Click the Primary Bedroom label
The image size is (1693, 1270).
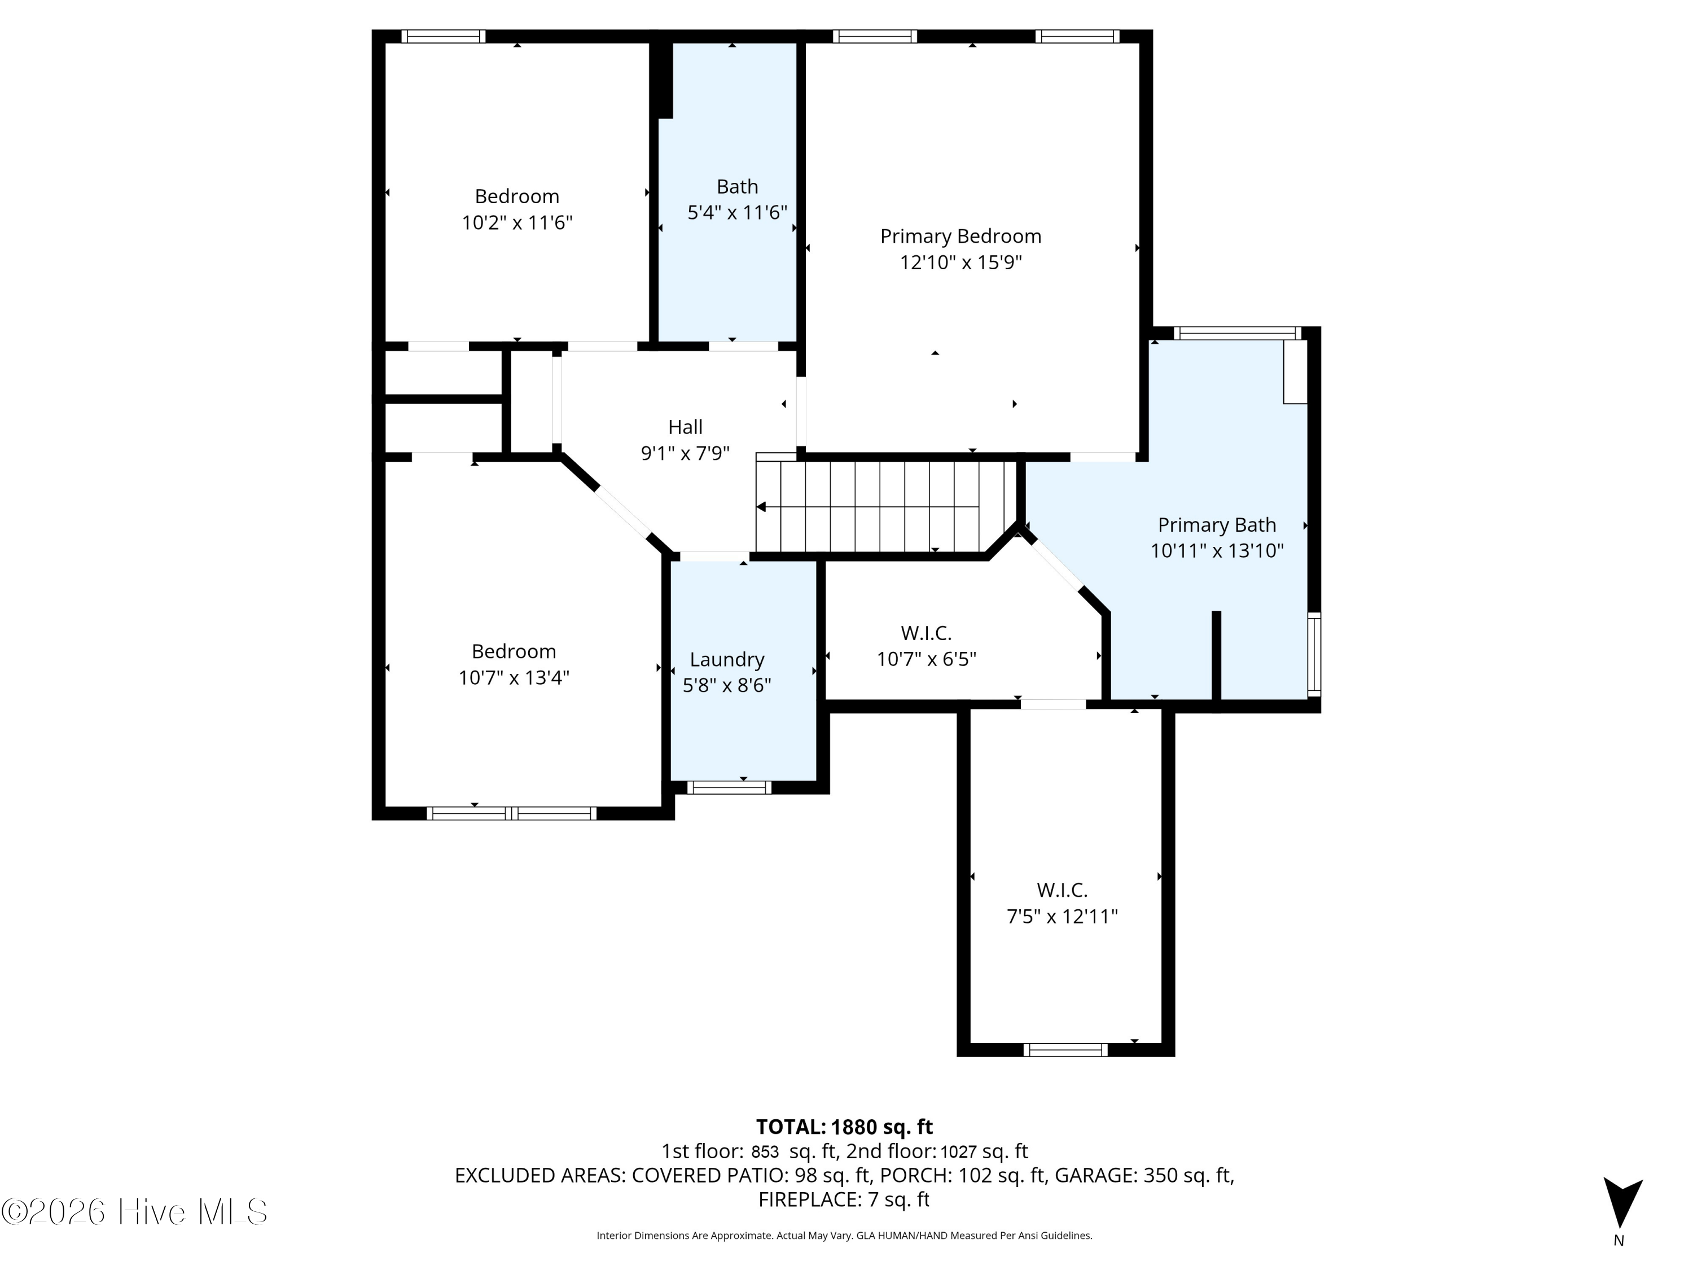[x=960, y=237]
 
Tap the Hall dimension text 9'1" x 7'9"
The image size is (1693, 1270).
[x=685, y=453]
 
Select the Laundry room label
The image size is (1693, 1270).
[x=727, y=660]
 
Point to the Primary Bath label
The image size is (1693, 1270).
[x=1217, y=525]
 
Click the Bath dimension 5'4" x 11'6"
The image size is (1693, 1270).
[x=737, y=213]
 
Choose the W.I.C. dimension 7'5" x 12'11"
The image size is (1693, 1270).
[x=1062, y=916]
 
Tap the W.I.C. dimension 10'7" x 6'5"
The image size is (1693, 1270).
[x=926, y=659]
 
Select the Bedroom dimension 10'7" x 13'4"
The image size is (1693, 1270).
[x=514, y=677]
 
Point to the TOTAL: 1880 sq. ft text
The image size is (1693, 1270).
[x=844, y=1127]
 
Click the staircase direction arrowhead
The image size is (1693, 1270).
[x=761, y=507]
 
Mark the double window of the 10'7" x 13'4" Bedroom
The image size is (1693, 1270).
[x=511, y=813]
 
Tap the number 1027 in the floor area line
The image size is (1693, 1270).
[x=958, y=1151]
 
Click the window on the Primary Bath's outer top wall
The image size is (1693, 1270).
[x=1238, y=333]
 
